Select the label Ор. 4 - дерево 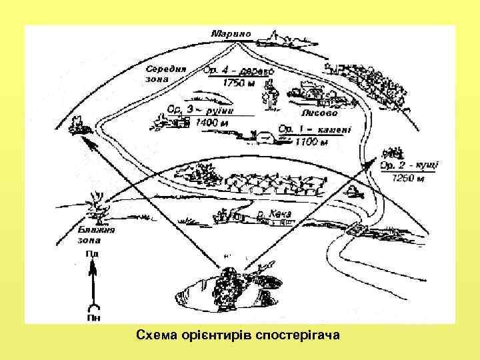(235, 67)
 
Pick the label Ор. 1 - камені (314, 129)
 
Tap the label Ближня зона (95, 235)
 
